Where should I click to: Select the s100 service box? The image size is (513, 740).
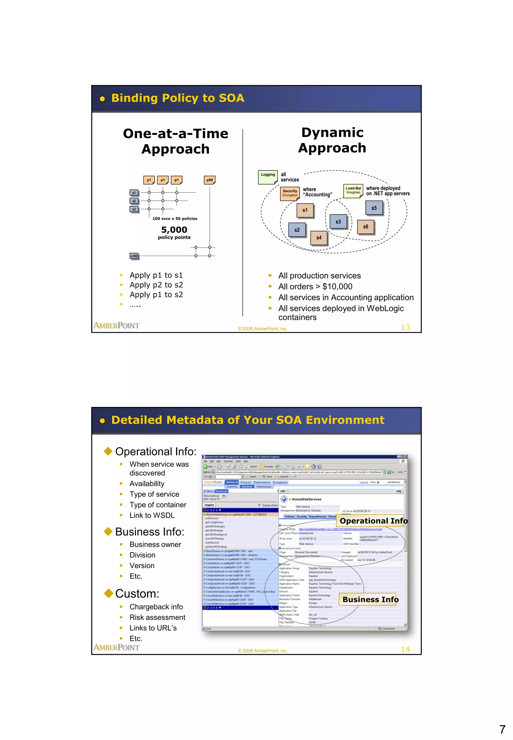134,256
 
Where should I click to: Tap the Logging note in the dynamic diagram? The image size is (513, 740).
268,177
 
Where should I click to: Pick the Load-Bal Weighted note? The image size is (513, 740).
353,191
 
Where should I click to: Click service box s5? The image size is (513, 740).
374,208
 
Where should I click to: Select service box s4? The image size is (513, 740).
319,238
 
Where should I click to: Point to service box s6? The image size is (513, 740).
366,227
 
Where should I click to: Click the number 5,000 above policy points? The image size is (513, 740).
174,230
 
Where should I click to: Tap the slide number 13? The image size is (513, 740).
405,327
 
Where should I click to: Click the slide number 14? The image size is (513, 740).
405,649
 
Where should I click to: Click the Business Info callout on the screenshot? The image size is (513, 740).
370,599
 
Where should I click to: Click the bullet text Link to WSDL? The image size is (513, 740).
152,515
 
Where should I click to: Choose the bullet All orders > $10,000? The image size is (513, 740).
315,286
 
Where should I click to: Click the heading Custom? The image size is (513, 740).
137,593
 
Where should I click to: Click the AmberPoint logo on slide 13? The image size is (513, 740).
116,326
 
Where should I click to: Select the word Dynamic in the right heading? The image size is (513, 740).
332,132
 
